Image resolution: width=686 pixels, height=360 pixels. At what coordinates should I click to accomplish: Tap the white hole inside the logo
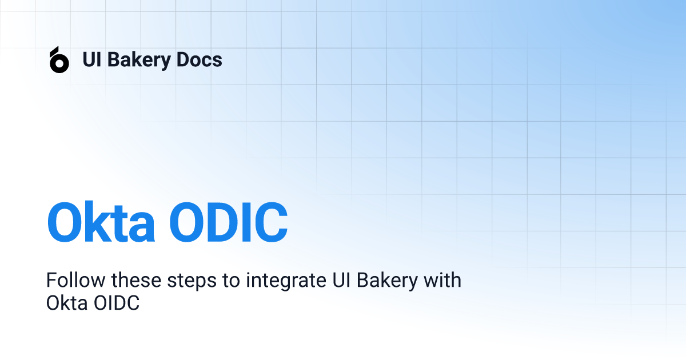point(59,63)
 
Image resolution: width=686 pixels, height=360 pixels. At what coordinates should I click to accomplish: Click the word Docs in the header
point(199,59)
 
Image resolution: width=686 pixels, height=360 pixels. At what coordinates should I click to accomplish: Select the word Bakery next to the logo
point(139,60)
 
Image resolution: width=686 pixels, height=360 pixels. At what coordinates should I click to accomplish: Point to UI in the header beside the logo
point(92,59)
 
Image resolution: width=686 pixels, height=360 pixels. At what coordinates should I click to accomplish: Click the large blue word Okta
point(101,222)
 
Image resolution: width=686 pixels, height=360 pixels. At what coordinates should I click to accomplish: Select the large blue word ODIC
point(229,222)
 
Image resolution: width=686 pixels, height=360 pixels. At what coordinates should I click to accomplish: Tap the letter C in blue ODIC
point(271,222)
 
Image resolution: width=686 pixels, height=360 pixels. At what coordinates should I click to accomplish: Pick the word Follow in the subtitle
point(75,280)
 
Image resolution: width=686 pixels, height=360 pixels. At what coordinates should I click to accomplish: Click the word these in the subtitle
point(136,280)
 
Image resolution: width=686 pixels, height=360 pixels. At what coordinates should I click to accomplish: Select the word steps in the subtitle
point(192,281)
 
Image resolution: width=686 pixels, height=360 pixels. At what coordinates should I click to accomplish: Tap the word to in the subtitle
point(231,281)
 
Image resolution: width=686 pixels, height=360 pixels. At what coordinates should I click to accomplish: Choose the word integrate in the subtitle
point(286,281)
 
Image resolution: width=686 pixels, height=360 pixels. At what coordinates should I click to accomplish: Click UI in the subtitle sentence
point(341,280)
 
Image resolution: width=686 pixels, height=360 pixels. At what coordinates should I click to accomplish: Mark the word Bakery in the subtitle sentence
point(388,281)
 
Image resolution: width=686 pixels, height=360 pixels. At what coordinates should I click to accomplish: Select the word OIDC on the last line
point(117,303)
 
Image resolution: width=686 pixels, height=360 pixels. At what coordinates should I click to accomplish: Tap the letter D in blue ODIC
point(222,222)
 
